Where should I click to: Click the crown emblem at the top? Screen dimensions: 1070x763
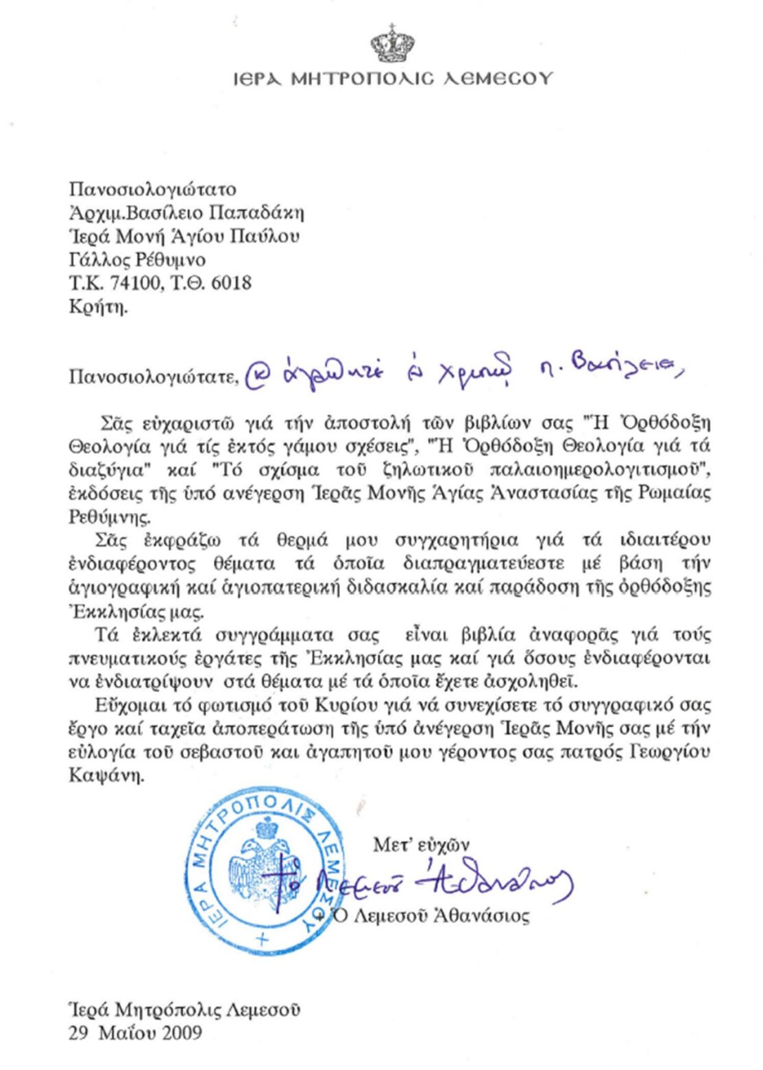392,43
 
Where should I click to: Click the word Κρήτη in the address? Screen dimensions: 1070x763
98,307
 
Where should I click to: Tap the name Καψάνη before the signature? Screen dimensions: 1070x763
106,776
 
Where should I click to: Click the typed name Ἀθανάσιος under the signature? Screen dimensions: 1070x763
482,916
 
